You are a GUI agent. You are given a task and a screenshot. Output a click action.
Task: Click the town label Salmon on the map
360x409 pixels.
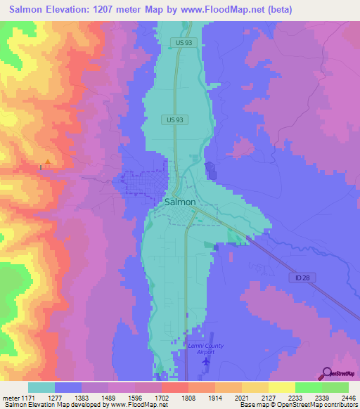pos(179,201)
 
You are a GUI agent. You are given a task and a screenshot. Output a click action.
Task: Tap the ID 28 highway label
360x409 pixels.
pos(297,278)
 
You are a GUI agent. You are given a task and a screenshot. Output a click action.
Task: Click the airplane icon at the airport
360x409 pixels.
pos(205,361)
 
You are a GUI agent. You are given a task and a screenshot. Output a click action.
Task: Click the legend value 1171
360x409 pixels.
pos(25,397)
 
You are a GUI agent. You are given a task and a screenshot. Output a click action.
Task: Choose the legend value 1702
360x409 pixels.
pos(162,397)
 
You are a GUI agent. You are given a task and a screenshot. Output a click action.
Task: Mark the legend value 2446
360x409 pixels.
pos(347,397)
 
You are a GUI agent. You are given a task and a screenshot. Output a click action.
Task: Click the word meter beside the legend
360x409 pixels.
pos(10,397)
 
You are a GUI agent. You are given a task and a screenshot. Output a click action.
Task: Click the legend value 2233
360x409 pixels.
pos(295,397)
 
